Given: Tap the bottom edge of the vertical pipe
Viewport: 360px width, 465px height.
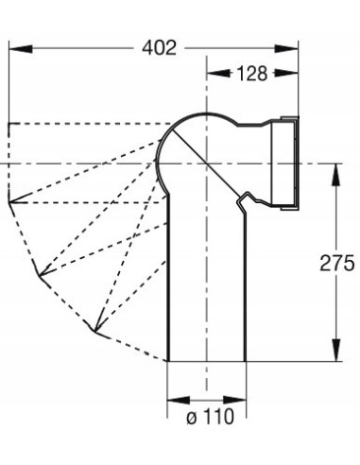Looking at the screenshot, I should coord(206,361).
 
